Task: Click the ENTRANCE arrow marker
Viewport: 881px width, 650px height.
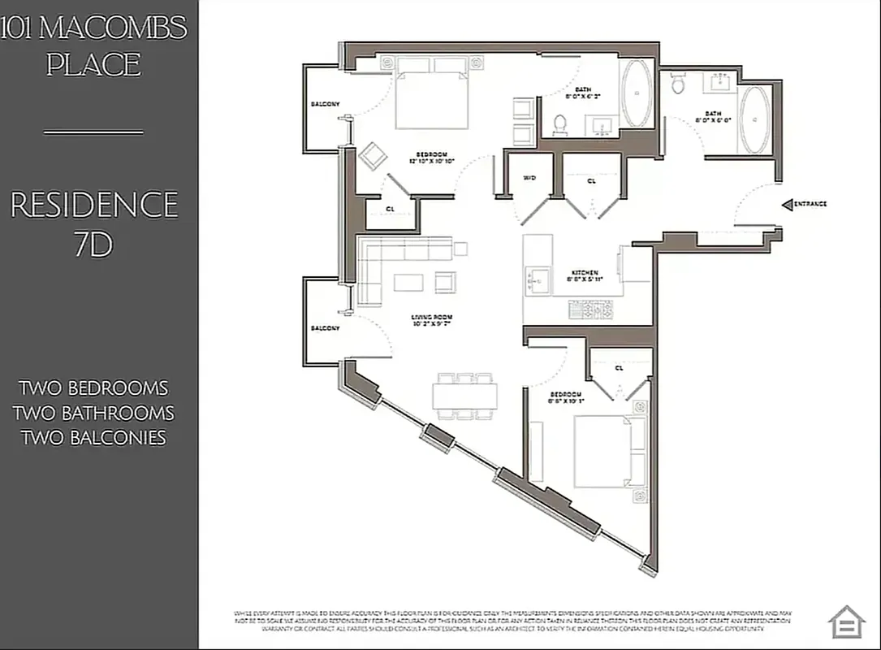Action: click(787, 204)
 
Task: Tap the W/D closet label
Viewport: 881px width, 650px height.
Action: click(529, 178)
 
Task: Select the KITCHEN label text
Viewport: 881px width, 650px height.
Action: click(585, 273)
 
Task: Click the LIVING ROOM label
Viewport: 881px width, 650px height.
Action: click(431, 318)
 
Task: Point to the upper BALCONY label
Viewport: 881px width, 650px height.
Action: click(325, 104)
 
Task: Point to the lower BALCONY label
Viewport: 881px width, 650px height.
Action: click(325, 328)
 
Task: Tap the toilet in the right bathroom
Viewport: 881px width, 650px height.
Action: click(678, 82)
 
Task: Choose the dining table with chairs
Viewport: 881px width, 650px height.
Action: click(465, 396)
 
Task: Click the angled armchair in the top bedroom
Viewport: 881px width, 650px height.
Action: click(374, 155)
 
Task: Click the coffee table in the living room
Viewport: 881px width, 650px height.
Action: click(408, 282)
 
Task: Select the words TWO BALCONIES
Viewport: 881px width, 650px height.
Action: click(93, 438)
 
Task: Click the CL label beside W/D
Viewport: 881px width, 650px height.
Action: click(591, 181)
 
